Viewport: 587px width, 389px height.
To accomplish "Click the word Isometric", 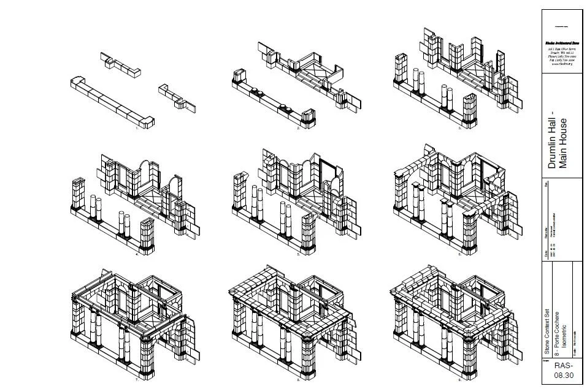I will tap(564, 340).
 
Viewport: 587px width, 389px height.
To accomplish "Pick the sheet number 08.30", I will tap(558, 372).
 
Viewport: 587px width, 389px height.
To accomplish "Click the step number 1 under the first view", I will tap(145, 129).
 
